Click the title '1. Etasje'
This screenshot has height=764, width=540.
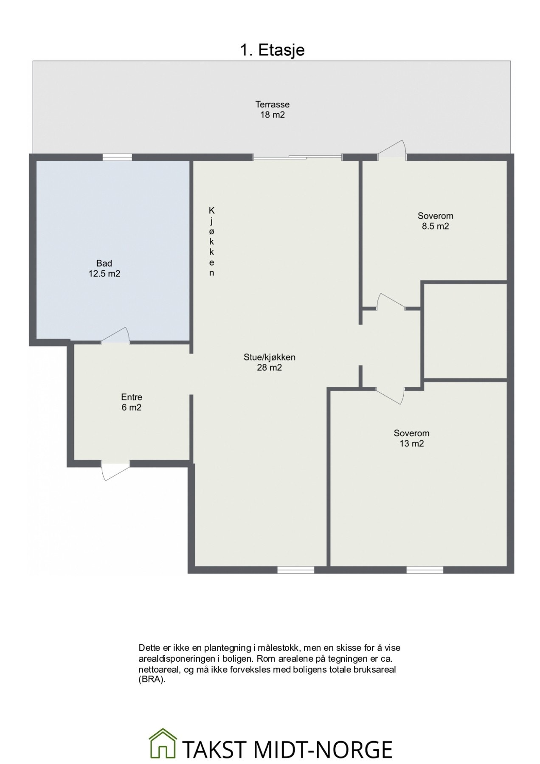(x=272, y=50)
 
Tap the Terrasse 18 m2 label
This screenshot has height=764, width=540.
(x=272, y=109)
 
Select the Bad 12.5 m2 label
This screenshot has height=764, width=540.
(x=104, y=269)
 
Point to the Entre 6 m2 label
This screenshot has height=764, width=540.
(x=132, y=402)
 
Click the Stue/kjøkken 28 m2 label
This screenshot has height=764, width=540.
(x=269, y=362)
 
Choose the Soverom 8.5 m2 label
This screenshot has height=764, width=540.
(x=435, y=221)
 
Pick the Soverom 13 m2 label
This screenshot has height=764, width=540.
(x=411, y=438)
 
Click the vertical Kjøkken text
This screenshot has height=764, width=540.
(x=211, y=242)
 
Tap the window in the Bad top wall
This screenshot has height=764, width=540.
(x=117, y=157)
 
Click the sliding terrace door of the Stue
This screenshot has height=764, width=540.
(x=298, y=157)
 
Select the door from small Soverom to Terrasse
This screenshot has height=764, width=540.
(x=393, y=150)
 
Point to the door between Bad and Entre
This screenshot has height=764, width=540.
(x=115, y=335)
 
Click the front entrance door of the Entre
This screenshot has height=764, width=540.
(x=115, y=470)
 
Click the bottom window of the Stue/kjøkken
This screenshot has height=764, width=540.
(x=296, y=570)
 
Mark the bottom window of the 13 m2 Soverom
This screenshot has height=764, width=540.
(x=425, y=570)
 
